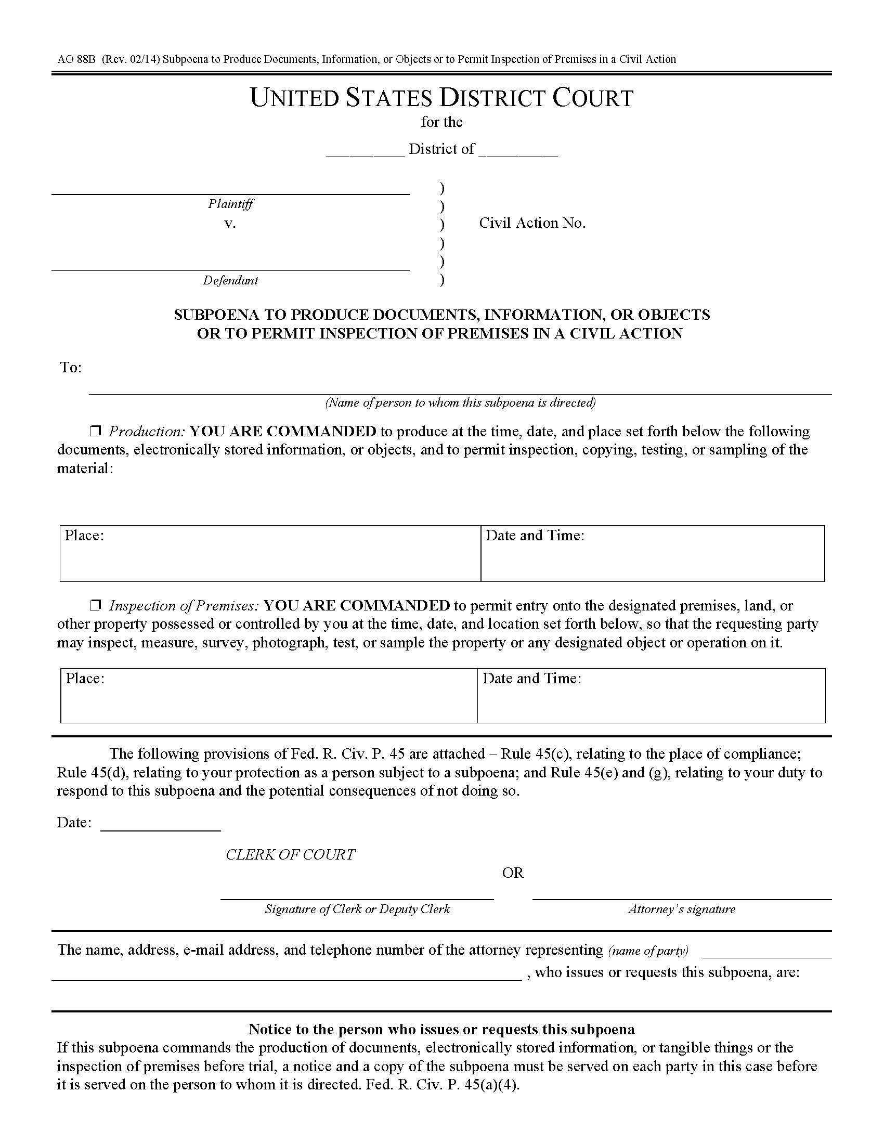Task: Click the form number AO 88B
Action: tap(76, 59)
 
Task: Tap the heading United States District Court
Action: tap(441, 98)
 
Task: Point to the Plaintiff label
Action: tap(230, 204)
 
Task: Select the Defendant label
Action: tap(230, 280)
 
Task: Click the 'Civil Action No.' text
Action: tap(532, 223)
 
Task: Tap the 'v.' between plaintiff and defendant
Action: tap(230, 224)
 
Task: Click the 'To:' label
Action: tap(71, 367)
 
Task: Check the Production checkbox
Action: tap(95, 431)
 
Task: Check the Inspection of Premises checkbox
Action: tap(95, 605)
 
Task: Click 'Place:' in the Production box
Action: tap(84, 535)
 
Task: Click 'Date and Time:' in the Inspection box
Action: tap(531, 678)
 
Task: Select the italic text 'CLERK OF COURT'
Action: tap(290, 854)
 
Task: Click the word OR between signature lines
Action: tap(513, 873)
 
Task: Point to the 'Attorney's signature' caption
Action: tap(681, 909)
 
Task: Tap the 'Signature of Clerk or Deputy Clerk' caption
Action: tap(357, 909)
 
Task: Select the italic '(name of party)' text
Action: tap(648, 951)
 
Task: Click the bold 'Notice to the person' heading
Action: tap(441, 1029)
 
